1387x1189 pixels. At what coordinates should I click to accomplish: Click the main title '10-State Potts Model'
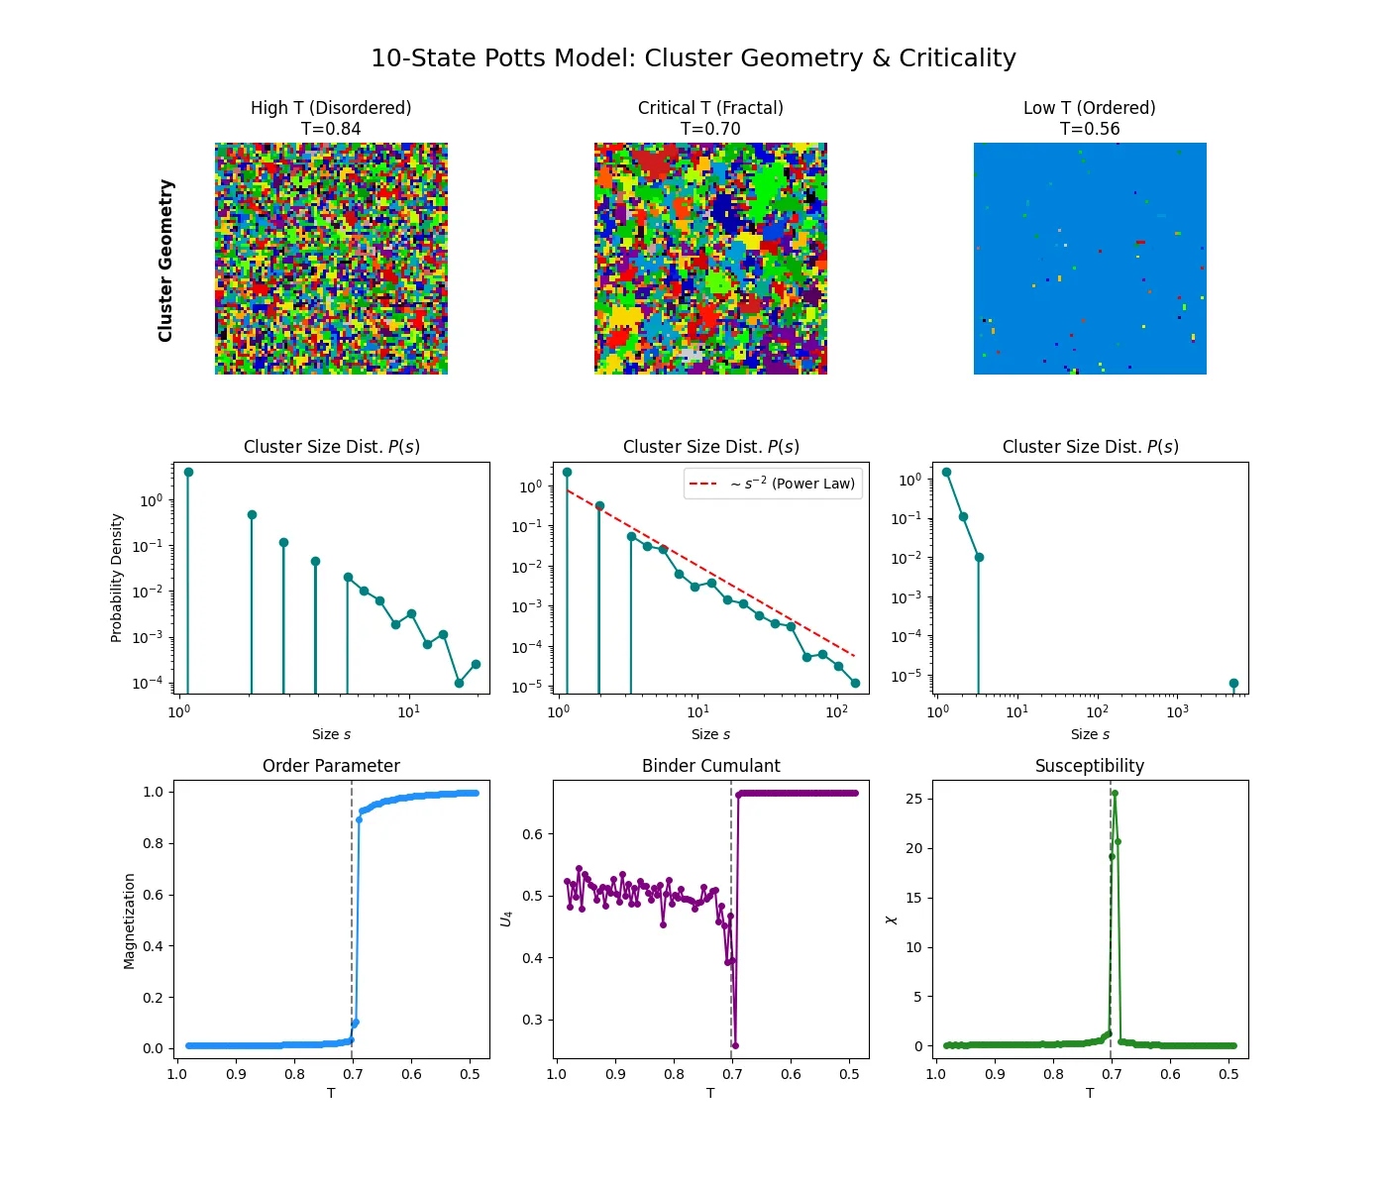(x=693, y=58)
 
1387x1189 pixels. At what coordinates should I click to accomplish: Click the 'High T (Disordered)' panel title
(x=331, y=108)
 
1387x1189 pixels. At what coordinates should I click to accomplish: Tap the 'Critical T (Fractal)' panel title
(x=710, y=108)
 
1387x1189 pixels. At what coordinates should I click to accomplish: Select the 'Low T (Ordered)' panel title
(x=1089, y=108)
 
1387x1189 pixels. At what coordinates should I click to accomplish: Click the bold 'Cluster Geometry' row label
(x=165, y=261)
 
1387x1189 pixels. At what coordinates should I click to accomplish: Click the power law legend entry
(x=773, y=484)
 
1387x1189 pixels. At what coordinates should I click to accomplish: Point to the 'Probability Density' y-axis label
(x=117, y=578)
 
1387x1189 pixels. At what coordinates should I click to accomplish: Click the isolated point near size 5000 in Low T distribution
(x=1233, y=684)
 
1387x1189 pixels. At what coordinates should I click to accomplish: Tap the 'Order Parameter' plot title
(x=331, y=766)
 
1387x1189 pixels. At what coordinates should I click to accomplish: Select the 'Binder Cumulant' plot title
(x=710, y=766)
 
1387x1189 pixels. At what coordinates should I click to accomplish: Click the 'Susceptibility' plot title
(x=1089, y=766)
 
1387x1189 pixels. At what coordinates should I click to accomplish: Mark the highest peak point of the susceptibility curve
(x=1115, y=794)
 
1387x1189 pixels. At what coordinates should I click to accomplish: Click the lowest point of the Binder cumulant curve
(x=735, y=1045)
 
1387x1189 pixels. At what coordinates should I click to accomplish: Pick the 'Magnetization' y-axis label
(x=129, y=920)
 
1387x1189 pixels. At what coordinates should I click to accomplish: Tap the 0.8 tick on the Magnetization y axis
(x=153, y=843)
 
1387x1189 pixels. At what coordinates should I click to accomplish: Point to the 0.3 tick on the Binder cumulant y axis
(x=532, y=1020)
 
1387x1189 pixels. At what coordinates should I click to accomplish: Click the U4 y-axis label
(x=506, y=919)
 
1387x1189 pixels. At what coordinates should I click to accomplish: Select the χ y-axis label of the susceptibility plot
(x=891, y=919)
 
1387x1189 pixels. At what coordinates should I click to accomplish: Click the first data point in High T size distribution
(x=188, y=473)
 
